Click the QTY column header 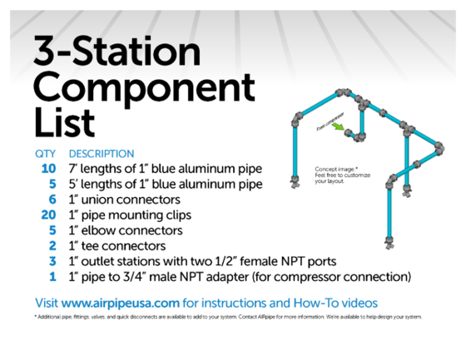click(x=44, y=154)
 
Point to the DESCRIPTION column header click(x=102, y=154)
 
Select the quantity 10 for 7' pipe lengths click(x=47, y=169)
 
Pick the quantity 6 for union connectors click(x=52, y=200)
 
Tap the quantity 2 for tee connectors click(x=52, y=245)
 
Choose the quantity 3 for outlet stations click(x=52, y=260)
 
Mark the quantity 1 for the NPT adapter click(x=52, y=276)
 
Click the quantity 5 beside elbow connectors click(x=52, y=230)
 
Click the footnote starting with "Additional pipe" click(x=228, y=317)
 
